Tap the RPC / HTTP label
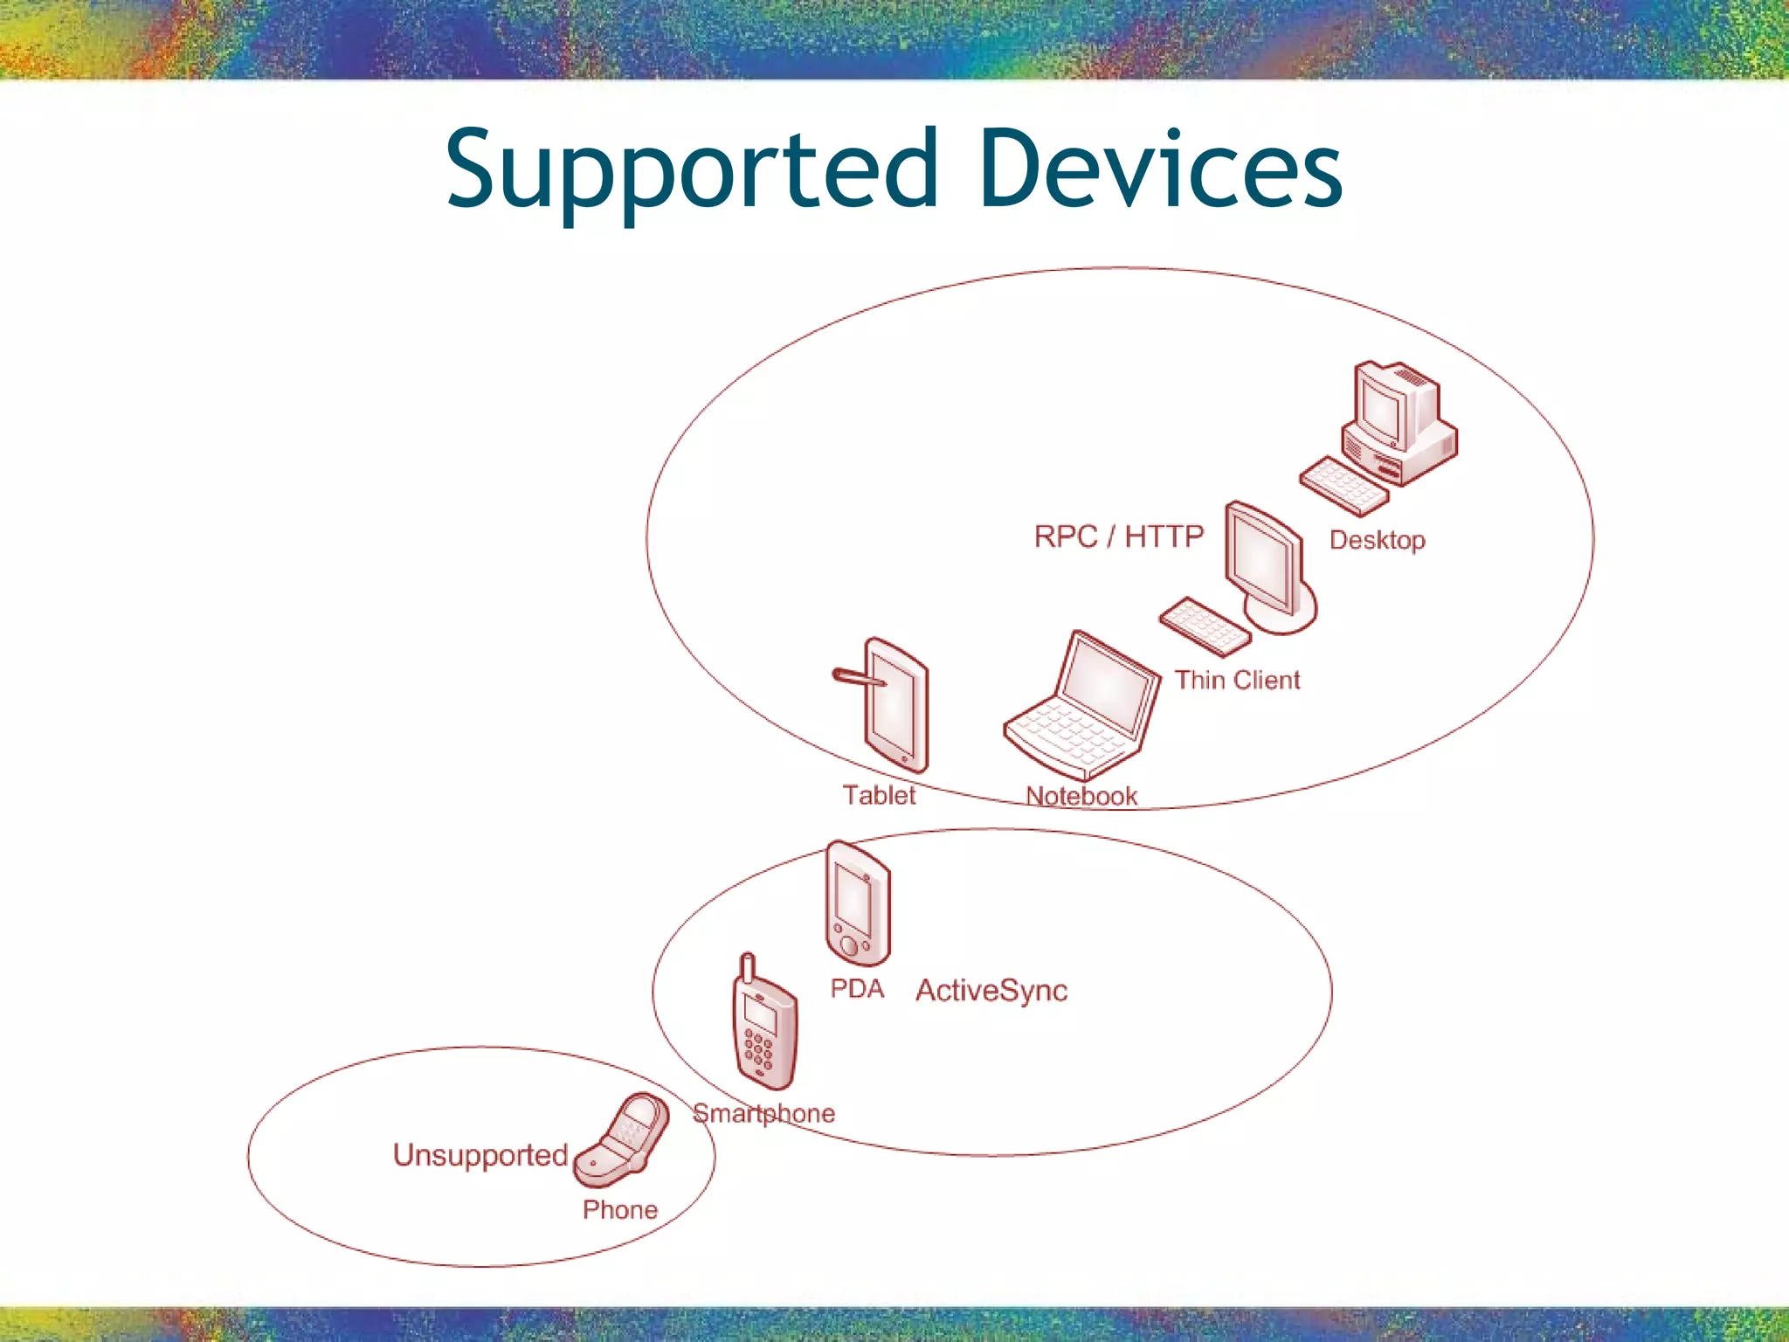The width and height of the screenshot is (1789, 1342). (1119, 536)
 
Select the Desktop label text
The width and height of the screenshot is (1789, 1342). (1377, 540)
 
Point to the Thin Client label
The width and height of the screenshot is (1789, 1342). (1237, 680)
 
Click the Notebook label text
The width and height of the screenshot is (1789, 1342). (1081, 796)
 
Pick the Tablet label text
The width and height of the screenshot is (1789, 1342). (879, 795)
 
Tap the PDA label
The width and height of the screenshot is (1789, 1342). (857, 989)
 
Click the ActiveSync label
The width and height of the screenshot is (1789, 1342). (991, 991)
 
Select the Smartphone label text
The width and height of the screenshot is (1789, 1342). (763, 1113)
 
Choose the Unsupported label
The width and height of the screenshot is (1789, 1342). (480, 1155)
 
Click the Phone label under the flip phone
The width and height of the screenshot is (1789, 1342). (620, 1210)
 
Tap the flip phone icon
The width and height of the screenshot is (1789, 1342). (622, 1140)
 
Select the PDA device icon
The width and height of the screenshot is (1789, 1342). (858, 904)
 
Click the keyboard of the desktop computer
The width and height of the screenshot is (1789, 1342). (1343, 486)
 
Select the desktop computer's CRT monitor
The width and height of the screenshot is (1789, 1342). (1389, 406)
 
